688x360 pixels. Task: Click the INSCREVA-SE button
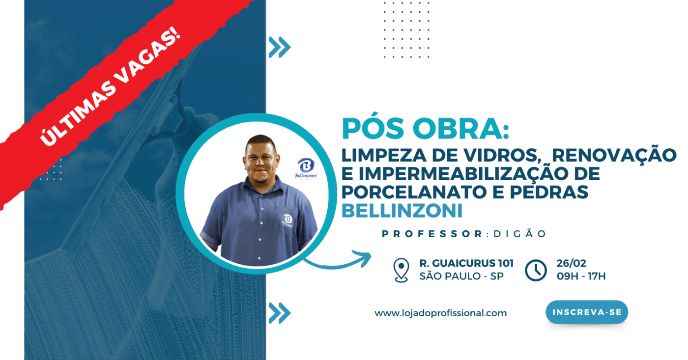click(587, 312)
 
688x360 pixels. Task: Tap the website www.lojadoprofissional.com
click(441, 313)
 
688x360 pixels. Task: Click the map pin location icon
click(401, 270)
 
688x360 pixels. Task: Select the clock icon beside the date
click(536, 271)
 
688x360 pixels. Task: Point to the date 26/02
click(571, 263)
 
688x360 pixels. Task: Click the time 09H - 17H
click(581, 276)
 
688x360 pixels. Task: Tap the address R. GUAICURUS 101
click(466, 263)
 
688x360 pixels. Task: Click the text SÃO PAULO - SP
click(461, 276)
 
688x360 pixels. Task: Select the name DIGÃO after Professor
click(519, 234)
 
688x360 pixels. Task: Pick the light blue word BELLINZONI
click(402, 211)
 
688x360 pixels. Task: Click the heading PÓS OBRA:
click(426, 129)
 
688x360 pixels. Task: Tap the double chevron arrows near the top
click(280, 47)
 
